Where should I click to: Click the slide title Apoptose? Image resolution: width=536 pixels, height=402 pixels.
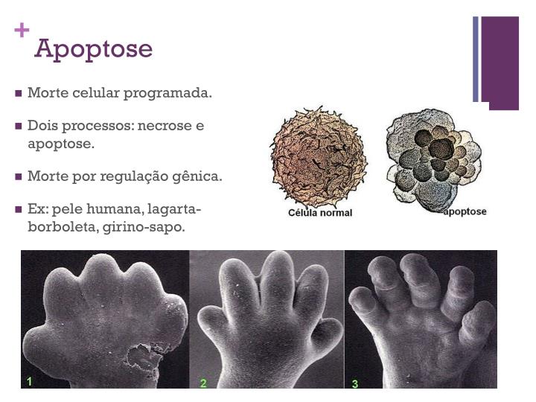coord(93,49)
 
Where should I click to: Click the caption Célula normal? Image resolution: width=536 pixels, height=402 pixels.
coord(320,213)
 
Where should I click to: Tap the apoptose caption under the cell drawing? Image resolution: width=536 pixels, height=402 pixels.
coord(465,211)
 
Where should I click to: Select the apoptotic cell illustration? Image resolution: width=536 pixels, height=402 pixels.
coord(433,156)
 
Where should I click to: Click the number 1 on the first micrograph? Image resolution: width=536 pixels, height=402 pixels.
coord(29,382)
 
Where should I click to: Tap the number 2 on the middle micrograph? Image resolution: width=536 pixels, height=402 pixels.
coord(203,383)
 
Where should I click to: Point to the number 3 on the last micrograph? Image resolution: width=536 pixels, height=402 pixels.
coord(355,384)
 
